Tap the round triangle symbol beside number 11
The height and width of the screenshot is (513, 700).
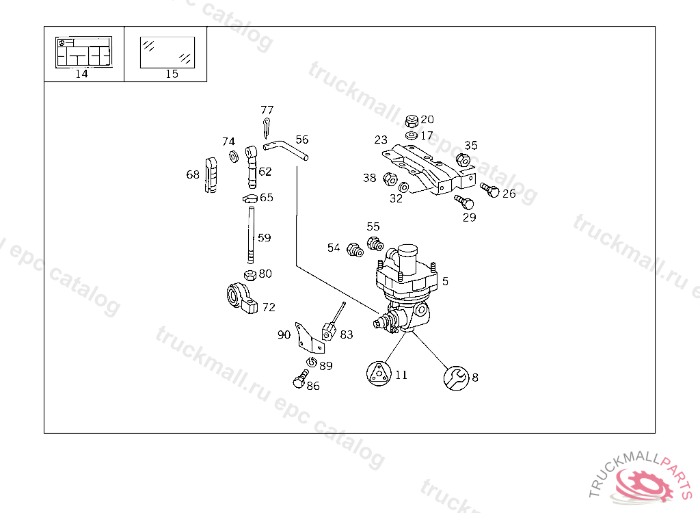click(378, 373)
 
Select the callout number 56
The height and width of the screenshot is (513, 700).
click(301, 140)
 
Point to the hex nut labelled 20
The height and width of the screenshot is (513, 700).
click(412, 121)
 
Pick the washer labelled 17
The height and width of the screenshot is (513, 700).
click(411, 135)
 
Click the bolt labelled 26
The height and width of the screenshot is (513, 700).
click(490, 189)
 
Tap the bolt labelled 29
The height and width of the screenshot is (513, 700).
click(464, 202)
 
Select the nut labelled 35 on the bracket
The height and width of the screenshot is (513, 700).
click(462, 160)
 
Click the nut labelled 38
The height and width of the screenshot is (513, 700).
click(390, 180)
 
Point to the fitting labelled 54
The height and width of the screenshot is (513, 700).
click(354, 250)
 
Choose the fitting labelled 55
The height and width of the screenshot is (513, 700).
click(374, 244)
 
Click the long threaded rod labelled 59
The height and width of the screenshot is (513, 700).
click(252, 237)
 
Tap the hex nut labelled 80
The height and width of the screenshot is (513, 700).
click(250, 275)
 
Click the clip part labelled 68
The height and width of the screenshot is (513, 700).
click(211, 176)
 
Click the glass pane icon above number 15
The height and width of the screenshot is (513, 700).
click(167, 53)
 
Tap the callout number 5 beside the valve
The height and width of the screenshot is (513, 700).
click(445, 281)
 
